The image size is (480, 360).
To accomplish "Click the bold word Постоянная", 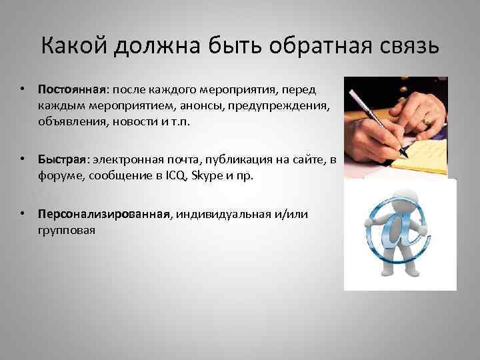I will click(69, 89).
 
